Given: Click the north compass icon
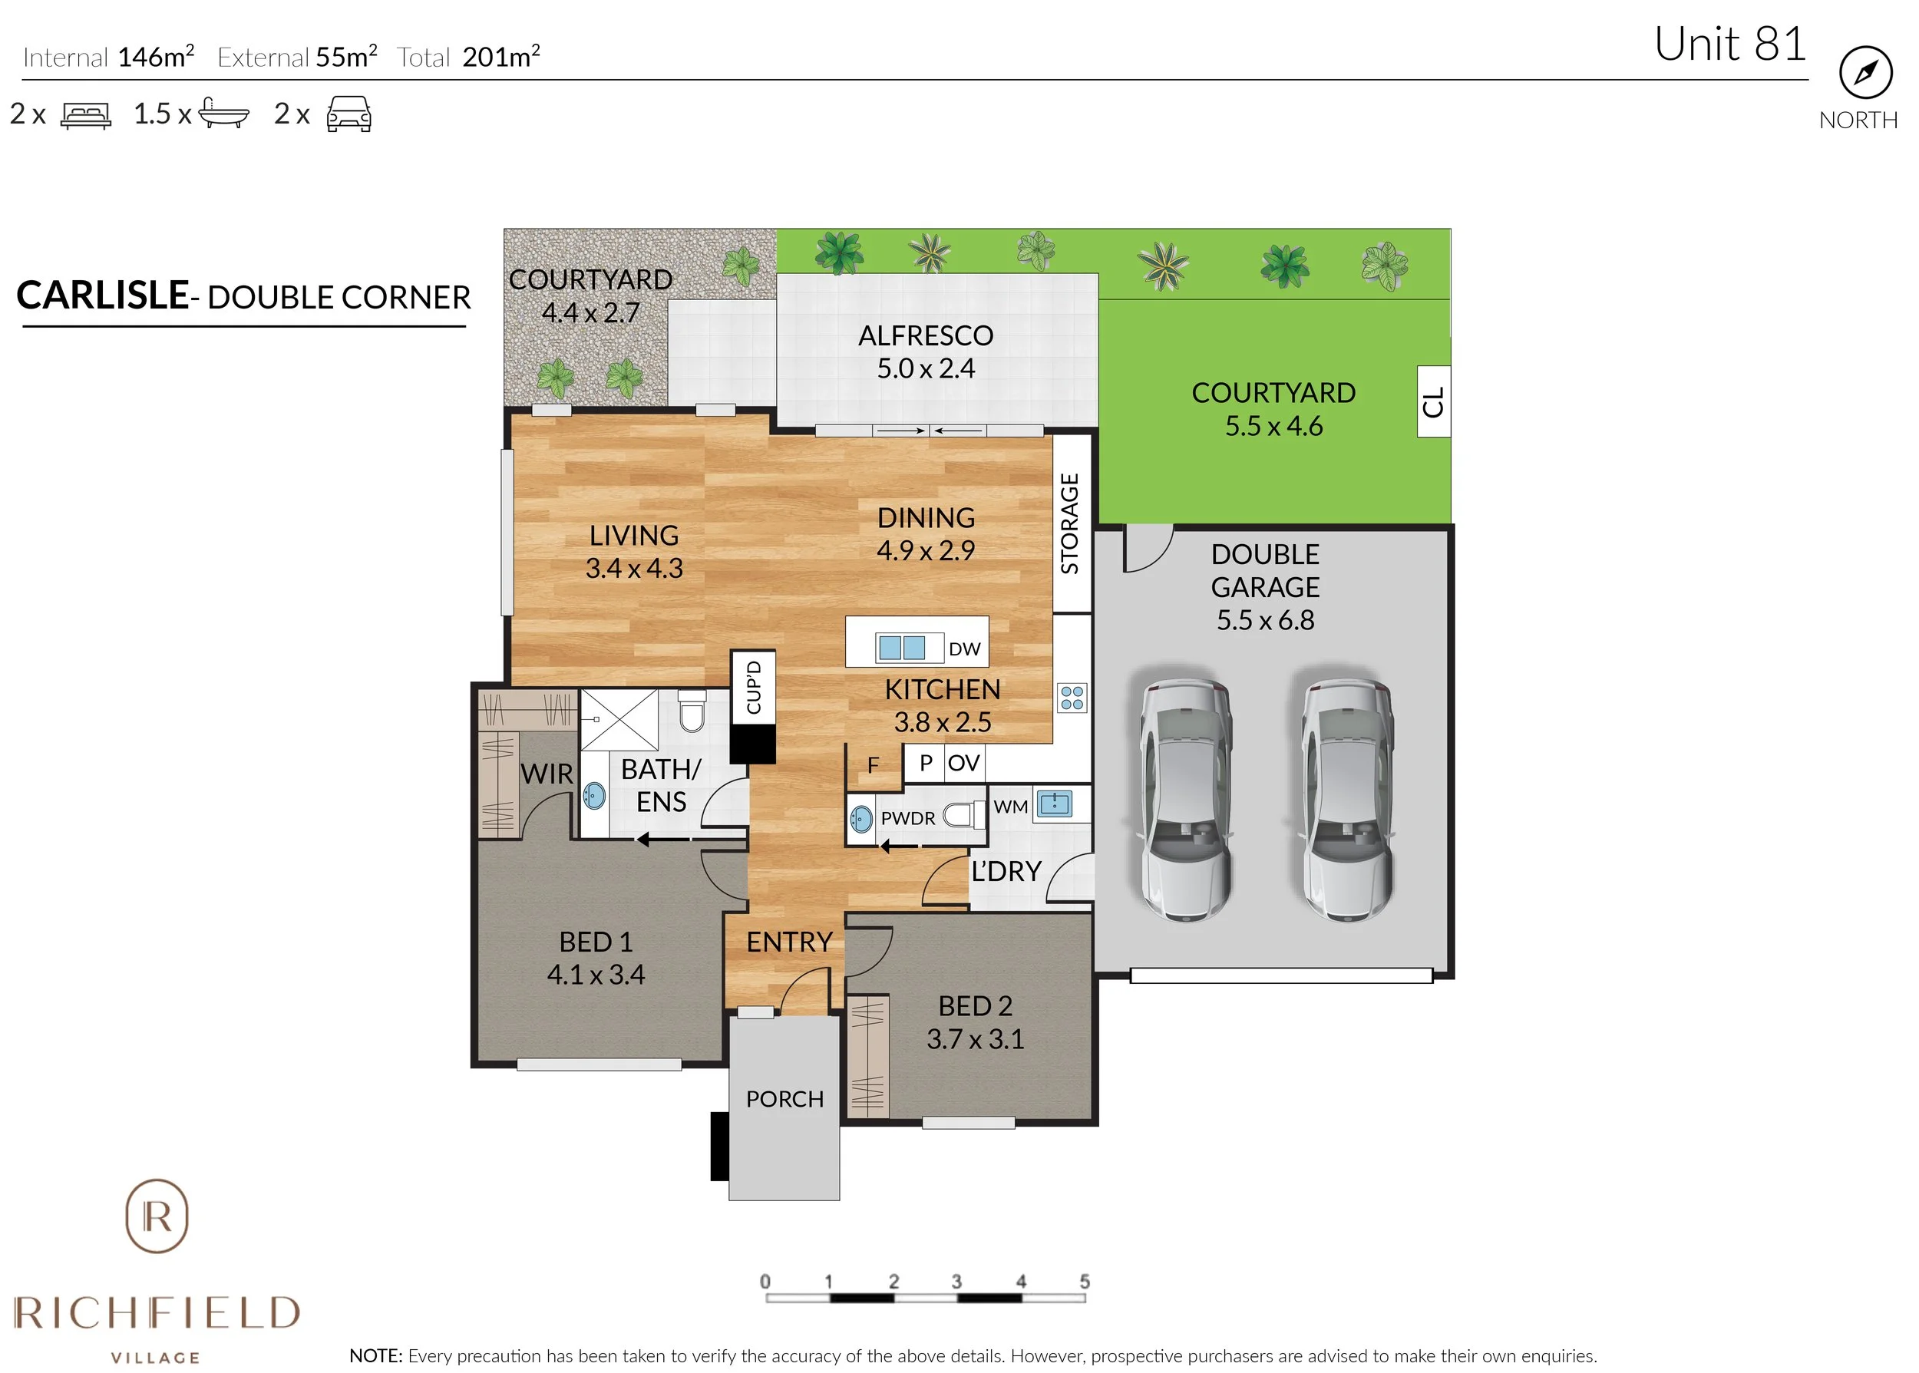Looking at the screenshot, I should coord(1865,73).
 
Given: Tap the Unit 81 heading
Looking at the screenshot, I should coord(1729,44).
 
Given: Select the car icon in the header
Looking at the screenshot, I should coord(348,114).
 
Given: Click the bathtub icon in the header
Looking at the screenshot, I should coord(223,114).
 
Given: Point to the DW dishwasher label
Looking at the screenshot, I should coord(964,649).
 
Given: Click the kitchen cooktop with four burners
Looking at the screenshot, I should coord(1071,698).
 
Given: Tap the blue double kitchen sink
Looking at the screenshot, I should coord(901,648).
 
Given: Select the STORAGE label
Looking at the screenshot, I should coord(1069,523).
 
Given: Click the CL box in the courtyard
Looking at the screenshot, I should coord(1432,401).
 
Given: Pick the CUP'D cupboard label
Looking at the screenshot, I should coord(753,686).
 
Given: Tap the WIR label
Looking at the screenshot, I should coord(546,774).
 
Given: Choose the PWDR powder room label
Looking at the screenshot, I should coord(907,818).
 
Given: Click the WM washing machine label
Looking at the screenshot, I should coord(1010,807).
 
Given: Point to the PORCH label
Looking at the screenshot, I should coord(784,1099).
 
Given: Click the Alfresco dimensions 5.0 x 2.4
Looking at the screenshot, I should coord(925,368).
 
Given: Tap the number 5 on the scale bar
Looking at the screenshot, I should coord(1084,1282).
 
